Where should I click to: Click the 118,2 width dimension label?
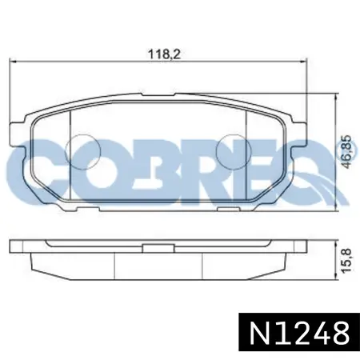(164, 54)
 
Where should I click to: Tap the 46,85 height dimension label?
(347, 152)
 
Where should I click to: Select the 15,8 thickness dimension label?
(346, 260)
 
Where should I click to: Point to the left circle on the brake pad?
(84, 152)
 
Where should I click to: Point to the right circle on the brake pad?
(234, 152)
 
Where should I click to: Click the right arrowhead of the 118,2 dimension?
(304, 62)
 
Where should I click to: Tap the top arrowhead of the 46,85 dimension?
(336, 97)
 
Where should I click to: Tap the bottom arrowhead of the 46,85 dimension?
(336, 208)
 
